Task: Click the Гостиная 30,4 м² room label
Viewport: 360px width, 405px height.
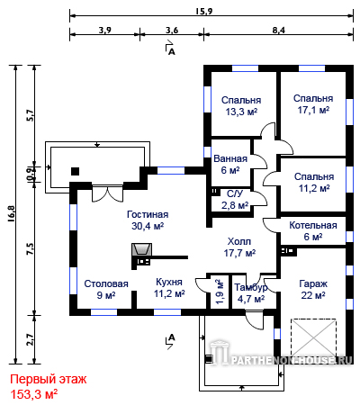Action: pyautogui.click(x=148, y=220)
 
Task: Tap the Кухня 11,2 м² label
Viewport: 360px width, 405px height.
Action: pyautogui.click(x=169, y=288)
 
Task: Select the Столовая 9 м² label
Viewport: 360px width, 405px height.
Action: pyautogui.click(x=106, y=290)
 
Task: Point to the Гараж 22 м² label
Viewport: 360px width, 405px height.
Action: pyautogui.click(x=313, y=290)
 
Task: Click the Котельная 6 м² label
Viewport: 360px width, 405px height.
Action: pyautogui.click(x=313, y=231)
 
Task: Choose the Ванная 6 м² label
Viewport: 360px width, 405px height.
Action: pyautogui.click(x=230, y=165)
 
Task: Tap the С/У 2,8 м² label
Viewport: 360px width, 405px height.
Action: pyautogui.click(x=235, y=200)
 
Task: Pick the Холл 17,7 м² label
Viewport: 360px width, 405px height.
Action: pyautogui.click(x=239, y=247)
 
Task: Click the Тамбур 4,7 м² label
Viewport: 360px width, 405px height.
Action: pyautogui.click(x=251, y=293)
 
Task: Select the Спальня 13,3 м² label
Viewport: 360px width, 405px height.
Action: pyautogui.click(x=241, y=106)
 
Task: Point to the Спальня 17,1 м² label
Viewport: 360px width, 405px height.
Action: pyautogui.click(x=313, y=104)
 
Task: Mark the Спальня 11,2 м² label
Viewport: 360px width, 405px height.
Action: pyautogui.click(x=314, y=183)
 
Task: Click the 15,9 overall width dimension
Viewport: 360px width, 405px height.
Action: pyautogui.click(x=204, y=12)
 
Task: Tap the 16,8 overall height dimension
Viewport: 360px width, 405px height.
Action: pyautogui.click(x=12, y=213)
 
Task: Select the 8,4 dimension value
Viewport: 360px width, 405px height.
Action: pyautogui.click(x=279, y=30)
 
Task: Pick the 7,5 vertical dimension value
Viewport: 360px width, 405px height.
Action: pyautogui.click(x=31, y=249)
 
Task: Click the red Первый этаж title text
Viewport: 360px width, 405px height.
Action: pyautogui.click(x=49, y=379)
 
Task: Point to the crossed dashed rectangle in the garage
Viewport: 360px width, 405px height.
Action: pyautogui.click(x=313, y=338)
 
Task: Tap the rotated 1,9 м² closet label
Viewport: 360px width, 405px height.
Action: pyautogui.click(x=220, y=292)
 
